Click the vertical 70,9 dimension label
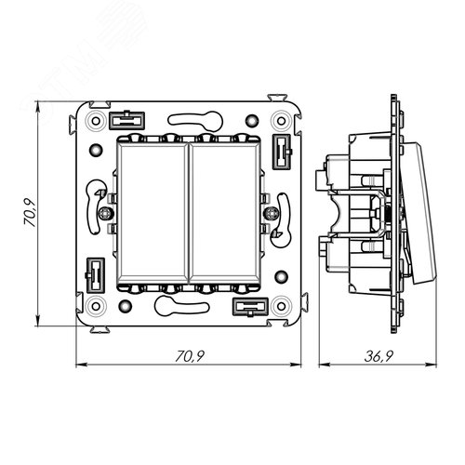pos(30,212)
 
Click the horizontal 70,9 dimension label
pos(190,356)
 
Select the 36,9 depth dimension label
pos(379,356)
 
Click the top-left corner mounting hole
pos(96,121)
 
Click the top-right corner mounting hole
pos(281,121)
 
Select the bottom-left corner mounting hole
pos(96,306)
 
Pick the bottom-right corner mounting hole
pos(281,306)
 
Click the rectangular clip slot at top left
pos(126,120)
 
